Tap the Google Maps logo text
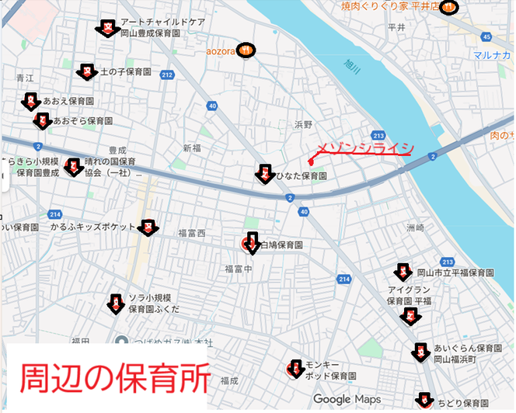[343, 399]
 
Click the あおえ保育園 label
[68, 102]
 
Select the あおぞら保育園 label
[78, 122]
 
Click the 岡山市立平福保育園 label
[455, 273]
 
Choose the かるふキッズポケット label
[92, 227]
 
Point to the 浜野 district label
[303, 124]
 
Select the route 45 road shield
[486, 36]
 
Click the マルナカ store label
[493, 55]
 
